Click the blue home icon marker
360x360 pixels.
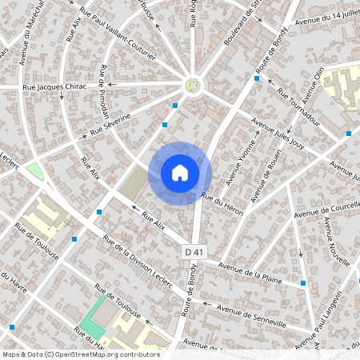(x=180, y=173)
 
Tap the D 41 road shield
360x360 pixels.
(x=190, y=252)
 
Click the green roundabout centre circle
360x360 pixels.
(x=192, y=83)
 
